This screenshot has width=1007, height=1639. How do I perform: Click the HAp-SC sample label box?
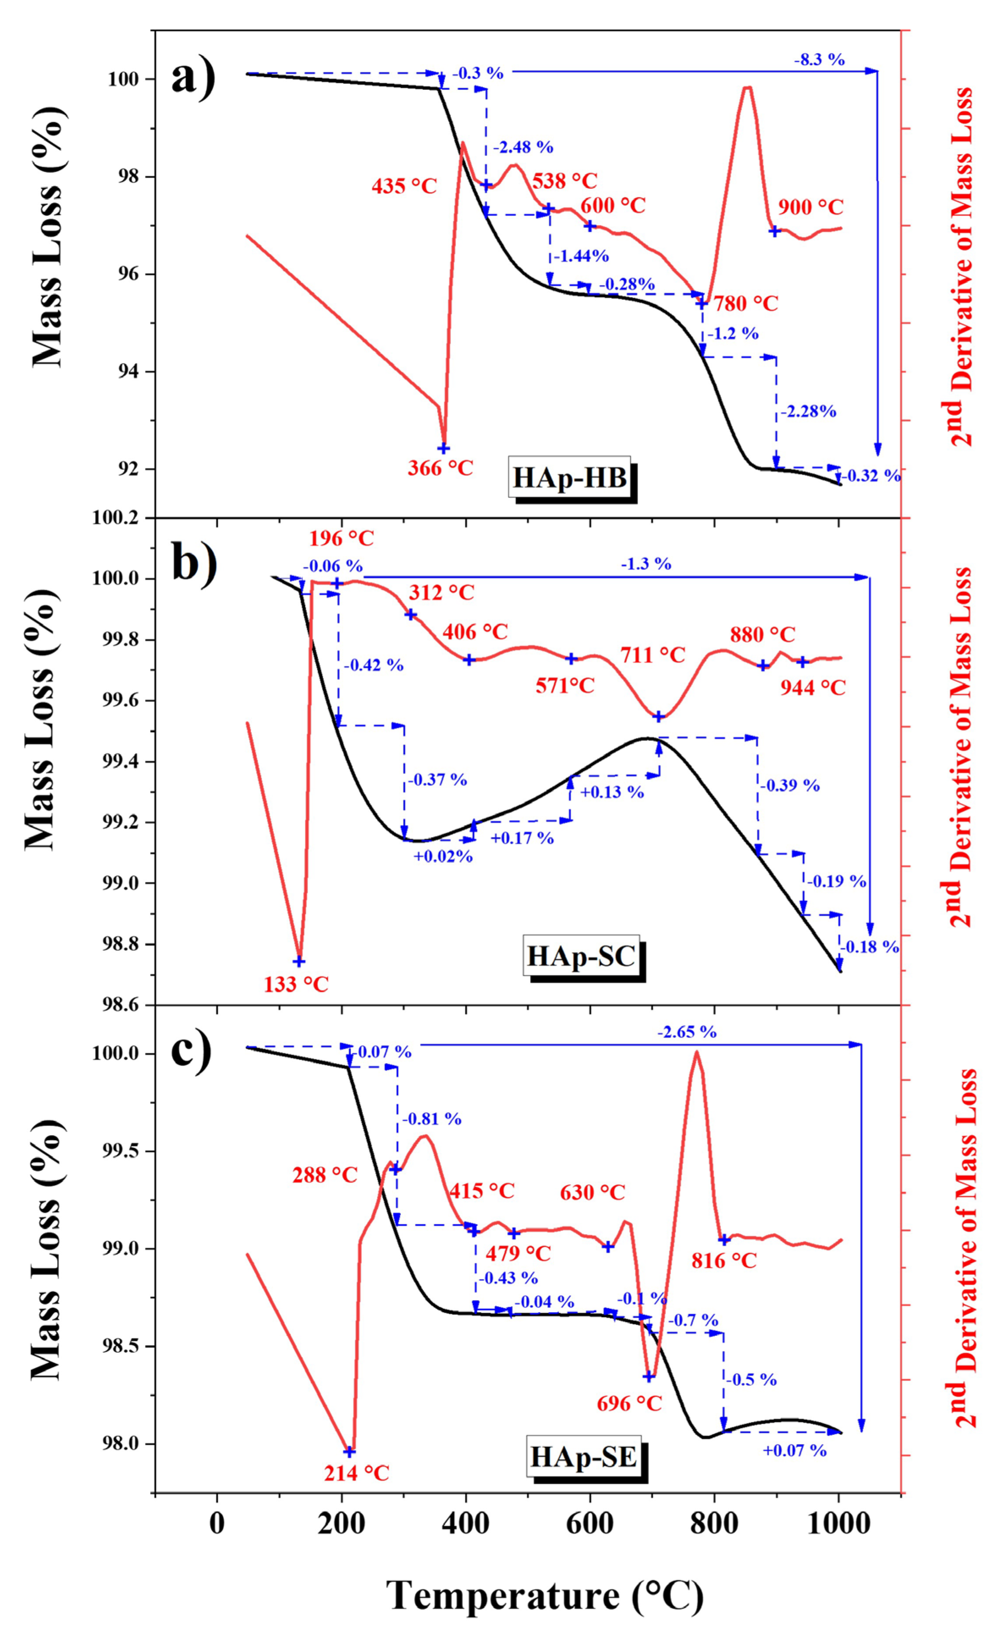tap(581, 956)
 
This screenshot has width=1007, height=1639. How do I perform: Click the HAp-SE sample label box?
tap(583, 1457)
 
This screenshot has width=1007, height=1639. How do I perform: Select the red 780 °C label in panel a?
tap(746, 304)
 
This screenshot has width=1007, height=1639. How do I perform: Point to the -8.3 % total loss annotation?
tap(819, 60)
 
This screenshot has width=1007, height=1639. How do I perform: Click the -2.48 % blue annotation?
tap(524, 147)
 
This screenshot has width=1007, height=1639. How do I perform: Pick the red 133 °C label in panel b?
tap(296, 984)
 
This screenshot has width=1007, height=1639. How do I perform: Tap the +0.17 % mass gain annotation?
tap(522, 838)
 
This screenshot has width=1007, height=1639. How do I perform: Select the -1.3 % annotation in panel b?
tap(646, 564)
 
